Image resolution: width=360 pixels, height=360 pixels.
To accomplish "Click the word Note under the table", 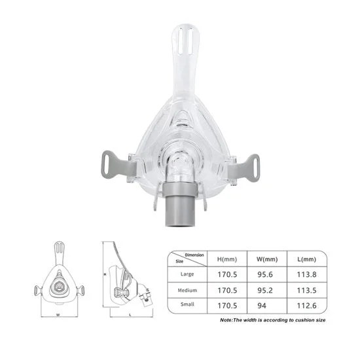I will point(227,320).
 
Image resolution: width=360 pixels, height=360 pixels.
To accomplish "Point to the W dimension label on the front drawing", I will point(58,314).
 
